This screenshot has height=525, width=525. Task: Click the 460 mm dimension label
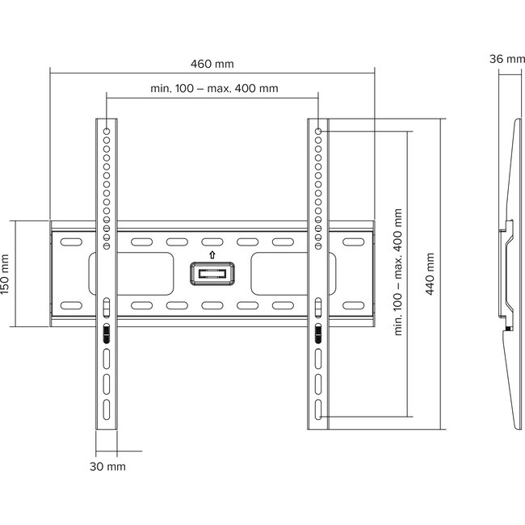[x=214, y=63]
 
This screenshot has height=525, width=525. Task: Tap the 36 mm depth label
[x=506, y=58]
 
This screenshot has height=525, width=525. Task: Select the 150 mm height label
[x=6, y=274]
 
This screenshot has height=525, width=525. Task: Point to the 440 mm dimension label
[x=430, y=274]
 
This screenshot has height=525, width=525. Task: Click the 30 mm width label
[x=107, y=466]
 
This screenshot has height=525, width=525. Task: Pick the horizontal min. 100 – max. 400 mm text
[x=214, y=88]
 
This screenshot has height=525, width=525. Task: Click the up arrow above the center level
[x=212, y=254]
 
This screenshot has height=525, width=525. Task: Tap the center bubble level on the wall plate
[x=212, y=273]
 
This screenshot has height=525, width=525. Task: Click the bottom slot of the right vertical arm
[x=318, y=408]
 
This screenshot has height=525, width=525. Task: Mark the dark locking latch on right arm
[x=318, y=334]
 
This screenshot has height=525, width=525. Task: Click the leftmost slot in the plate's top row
[x=71, y=241]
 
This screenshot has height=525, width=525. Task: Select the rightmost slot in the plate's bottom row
[x=354, y=306]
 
